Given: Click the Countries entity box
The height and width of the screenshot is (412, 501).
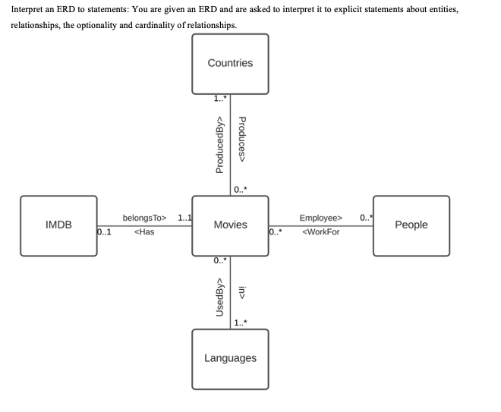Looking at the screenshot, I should [x=230, y=63].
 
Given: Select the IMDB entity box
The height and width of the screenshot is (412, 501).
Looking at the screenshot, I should [x=58, y=225].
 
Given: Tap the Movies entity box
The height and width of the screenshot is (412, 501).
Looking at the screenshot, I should [x=230, y=225].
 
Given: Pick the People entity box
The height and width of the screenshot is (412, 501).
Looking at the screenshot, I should [x=411, y=225].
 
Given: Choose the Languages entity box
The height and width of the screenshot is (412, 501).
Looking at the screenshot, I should [x=230, y=358].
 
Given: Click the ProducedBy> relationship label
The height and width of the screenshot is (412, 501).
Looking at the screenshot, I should [x=220, y=144].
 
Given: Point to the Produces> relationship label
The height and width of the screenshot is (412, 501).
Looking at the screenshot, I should [x=243, y=140].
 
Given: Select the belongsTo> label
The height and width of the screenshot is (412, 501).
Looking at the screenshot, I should [x=144, y=219].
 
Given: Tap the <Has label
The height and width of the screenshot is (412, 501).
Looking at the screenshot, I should [x=144, y=232].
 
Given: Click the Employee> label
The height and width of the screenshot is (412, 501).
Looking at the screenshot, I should [x=321, y=219].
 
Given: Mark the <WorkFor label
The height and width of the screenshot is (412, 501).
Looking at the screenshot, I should [x=321, y=232].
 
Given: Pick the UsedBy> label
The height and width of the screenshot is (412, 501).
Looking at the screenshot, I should [x=220, y=297].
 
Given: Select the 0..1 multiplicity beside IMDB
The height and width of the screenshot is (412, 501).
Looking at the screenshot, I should [x=106, y=232].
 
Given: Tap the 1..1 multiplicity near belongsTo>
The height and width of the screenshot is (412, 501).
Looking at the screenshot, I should [x=184, y=219].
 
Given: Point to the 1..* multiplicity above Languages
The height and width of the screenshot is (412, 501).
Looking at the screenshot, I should [x=241, y=324].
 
